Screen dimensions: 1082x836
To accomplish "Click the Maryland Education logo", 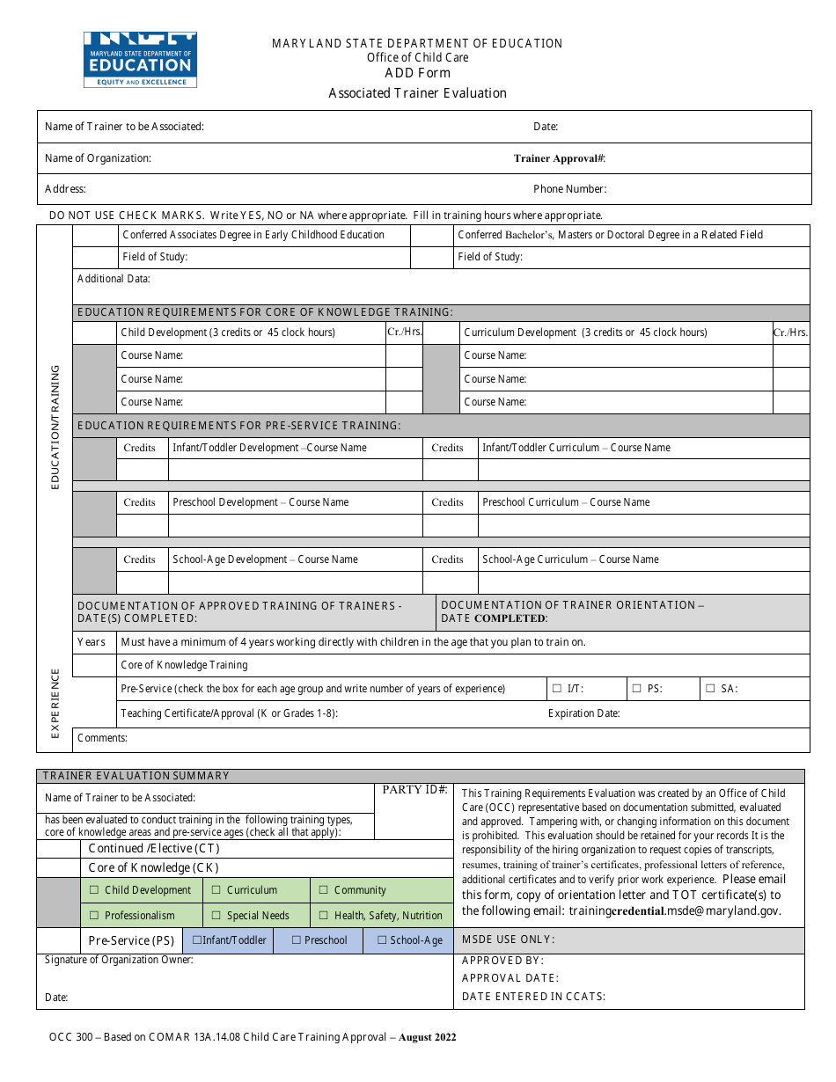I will pos(140,59).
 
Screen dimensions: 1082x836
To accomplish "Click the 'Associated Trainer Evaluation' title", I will pos(417,93).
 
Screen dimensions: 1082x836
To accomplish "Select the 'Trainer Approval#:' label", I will pos(560,159).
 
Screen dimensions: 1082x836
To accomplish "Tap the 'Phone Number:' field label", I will pos(569,189).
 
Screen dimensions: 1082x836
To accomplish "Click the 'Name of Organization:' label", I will pos(98,158).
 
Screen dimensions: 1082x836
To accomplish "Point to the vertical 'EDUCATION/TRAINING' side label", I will pos(55,428).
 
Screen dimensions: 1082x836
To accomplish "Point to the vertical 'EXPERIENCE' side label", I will pos(55,704).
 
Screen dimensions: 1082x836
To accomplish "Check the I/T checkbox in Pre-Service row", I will pos(556,689).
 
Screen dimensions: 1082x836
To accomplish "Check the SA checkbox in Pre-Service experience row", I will pos(710,689).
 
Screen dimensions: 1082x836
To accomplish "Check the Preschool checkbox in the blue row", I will pos(297,940).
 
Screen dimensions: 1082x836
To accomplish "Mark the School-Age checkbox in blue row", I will pos(382,940).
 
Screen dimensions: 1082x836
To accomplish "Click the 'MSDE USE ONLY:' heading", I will pos(508,939).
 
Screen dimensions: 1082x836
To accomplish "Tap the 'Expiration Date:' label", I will pos(583,713).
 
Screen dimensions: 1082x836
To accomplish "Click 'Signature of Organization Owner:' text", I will pos(119,960).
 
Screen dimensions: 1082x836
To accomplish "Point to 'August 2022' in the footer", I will pos(428,1037).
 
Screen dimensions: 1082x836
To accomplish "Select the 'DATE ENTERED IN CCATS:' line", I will pos(533,997).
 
